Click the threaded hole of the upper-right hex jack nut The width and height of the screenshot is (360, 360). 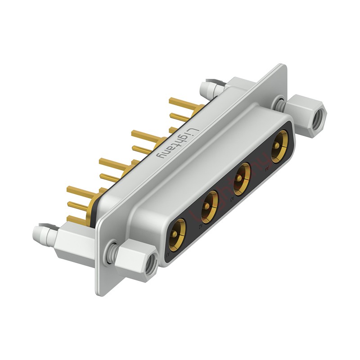[x=319, y=116]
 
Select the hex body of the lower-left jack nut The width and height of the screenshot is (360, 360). [x=135, y=259]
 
